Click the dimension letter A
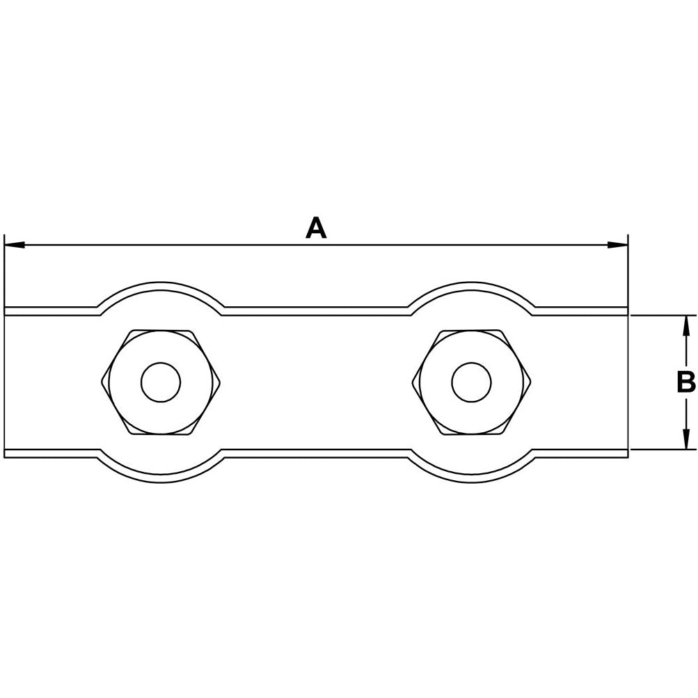pyautogui.click(x=316, y=228)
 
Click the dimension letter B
pyautogui.click(x=686, y=382)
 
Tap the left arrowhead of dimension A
pyautogui.click(x=14, y=245)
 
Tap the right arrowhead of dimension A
pyautogui.click(x=618, y=245)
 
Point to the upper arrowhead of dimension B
pyautogui.click(x=686, y=326)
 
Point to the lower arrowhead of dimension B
pyautogui.click(x=686, y=439)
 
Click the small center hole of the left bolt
pyautogui.click(x=161, y=382)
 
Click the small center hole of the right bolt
pyautogui.click(x=471, y=382)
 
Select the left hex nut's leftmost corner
pyautogui.click(x=101, y=382)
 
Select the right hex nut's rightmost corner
pyautogui.click(x=531, y=382)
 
